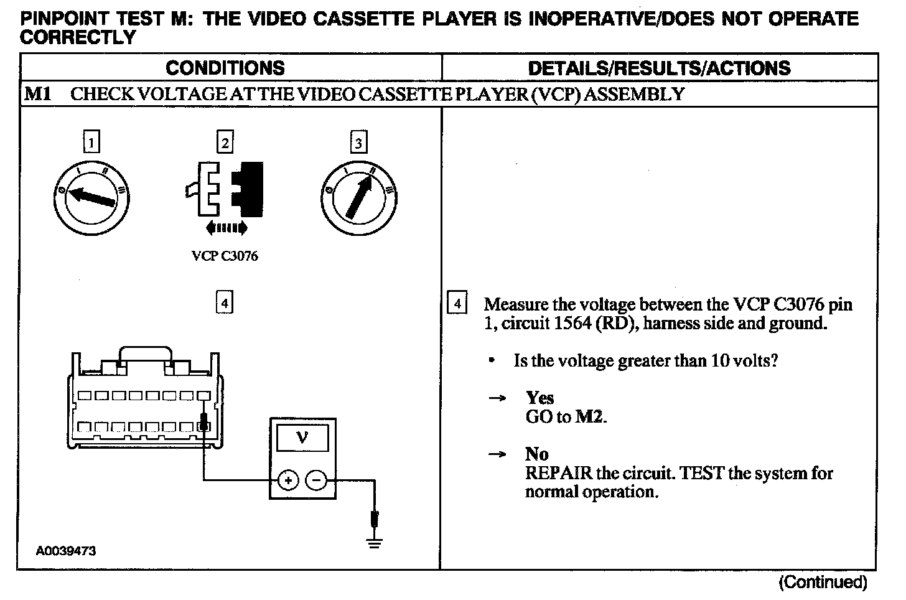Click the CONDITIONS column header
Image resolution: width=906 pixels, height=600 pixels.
tap(225, 68)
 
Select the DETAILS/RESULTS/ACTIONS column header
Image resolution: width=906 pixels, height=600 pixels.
tap(659, 68)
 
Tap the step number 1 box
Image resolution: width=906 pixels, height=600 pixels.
tap(91, 143)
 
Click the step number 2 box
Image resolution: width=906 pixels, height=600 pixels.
tap(225, 143)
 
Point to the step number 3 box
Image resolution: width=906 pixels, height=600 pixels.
tap(358, 143)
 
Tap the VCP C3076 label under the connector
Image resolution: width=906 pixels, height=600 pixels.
tap(225, 256)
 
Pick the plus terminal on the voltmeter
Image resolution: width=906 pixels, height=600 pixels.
tap(287, 480)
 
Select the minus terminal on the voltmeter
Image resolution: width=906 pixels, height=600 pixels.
tap(317, 480)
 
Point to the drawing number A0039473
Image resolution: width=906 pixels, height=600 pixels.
tap(65, 551)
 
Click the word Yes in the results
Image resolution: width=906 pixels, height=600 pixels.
tap(539, 398)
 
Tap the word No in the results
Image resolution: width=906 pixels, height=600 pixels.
tap(536, 454)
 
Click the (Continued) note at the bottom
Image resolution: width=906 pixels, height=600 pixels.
tap(822, 583)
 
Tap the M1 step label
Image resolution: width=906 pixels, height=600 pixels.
tap(37, 95)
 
